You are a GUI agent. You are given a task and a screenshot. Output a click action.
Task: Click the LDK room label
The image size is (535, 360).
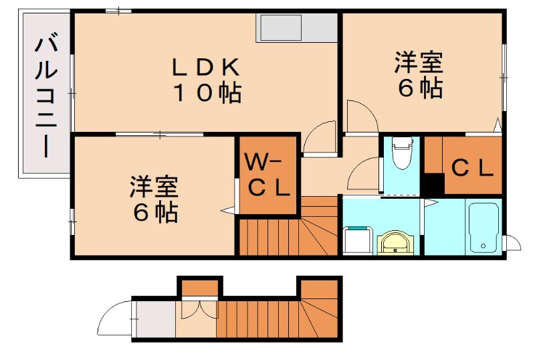coord(206,67)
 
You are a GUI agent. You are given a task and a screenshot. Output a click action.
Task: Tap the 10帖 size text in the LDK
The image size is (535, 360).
coord(206,93)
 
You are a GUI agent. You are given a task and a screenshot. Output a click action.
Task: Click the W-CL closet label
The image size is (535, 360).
coord(267,175)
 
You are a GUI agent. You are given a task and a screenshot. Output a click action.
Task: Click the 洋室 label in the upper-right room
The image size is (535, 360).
coord(419,64)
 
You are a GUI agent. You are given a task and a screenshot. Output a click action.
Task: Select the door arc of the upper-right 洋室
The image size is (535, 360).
coord(362,115)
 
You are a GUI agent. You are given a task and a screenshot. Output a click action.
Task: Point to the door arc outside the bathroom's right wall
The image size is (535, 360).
coord(512,242)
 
